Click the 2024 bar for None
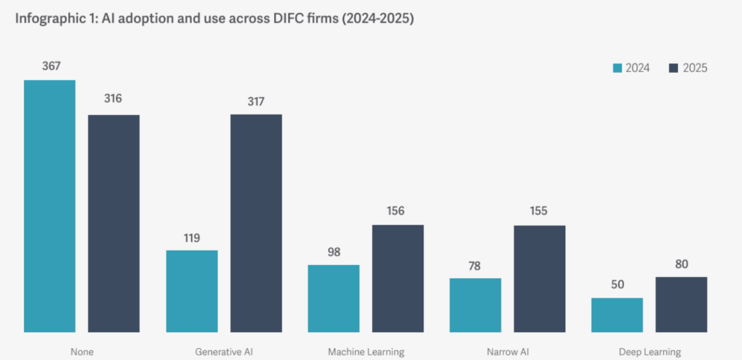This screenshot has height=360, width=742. [49, 206]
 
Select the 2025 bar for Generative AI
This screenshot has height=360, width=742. [255, 223]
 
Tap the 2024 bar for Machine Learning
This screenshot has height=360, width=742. [333, 298]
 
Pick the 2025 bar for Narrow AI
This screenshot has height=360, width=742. [539, 278]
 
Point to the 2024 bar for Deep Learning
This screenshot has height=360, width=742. [617, 315]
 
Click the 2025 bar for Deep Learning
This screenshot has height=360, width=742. [681, 304]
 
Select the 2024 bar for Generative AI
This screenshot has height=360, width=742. [191, 291]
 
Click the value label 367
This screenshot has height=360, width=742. [51, 66]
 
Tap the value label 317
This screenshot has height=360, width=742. [255, 102]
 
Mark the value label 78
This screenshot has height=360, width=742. [476, 266]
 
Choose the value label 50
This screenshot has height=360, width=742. [617, 284]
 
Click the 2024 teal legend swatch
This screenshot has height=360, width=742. [617, 68]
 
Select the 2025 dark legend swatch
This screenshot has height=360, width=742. [674, 68]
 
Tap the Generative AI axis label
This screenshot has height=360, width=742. [224, 351]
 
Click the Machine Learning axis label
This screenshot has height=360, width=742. [366, 351]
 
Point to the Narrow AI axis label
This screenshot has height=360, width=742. [507, 351]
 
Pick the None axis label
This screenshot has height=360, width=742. [82, 351]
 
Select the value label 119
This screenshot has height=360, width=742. [191, 238]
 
